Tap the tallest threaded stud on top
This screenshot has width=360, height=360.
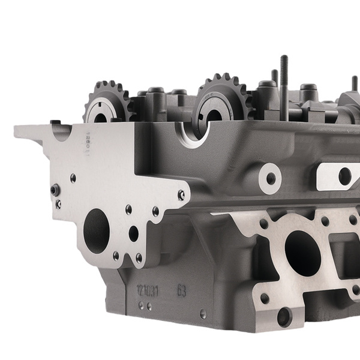click(x=284, y=78)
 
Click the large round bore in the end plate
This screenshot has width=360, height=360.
click(x=97, y=230)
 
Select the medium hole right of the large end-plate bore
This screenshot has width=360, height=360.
click(x=133, y=233)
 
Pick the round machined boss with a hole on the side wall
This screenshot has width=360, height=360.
click(x=271, y=178)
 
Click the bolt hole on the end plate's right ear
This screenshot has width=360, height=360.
click(x=181, y=194)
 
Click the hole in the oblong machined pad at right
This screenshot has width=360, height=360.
click(x=344, y=176)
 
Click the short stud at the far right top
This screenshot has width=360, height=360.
click(x=354, y=84)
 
